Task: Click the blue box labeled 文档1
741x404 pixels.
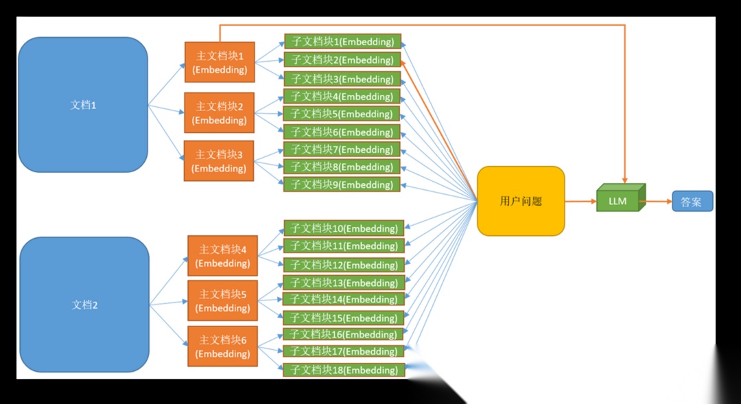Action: point(83,105)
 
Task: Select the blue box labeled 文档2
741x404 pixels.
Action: point(84,305)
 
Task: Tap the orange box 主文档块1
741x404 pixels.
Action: point(220,62)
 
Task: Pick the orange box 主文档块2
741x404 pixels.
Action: point(220,112)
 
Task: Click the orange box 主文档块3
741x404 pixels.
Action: point(219,161)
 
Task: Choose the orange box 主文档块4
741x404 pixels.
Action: point(222,256)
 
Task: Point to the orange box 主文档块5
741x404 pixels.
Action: point(222,300)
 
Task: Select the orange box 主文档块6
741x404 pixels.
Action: point(222,346)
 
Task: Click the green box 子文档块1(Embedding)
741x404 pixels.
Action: point(342,41)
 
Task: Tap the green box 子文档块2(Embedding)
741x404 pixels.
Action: point(342,60)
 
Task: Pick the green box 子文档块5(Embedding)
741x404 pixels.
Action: point(342,114)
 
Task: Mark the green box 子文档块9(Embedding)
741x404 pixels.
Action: point(342,185)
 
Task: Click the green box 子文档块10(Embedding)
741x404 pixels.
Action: point(344,228)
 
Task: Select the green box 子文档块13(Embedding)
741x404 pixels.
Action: point(344,283)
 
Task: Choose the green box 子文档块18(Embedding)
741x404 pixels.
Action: point(344,370)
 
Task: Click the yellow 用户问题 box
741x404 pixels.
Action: point(521,201)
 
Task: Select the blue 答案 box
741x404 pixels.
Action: point(692,202)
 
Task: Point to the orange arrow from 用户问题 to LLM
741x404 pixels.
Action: point(580,202)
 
